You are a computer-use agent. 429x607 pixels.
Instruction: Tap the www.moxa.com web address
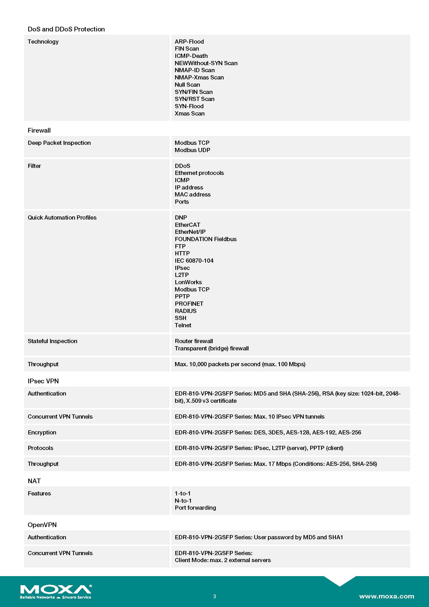(386, 596)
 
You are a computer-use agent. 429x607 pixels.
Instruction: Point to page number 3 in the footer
(214, 596)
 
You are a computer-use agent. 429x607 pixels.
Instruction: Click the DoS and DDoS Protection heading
(66, 29)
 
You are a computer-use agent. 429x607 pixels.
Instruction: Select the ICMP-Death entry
(191, 56)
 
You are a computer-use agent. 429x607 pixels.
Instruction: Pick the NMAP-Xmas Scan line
(199, 77)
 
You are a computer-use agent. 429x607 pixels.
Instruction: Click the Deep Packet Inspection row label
(59, 143)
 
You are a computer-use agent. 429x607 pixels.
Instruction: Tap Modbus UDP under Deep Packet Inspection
(192, 150)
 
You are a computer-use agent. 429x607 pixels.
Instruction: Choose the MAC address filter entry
(192, 195)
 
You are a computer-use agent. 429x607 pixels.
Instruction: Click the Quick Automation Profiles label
(62, 217)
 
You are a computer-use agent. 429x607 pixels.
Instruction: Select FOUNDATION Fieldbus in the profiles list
(205, 239)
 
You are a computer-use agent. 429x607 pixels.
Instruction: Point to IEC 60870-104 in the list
(194, 261)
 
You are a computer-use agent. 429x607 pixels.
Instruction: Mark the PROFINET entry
(189, 304)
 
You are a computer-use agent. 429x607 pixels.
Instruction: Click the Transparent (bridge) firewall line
(212, 349)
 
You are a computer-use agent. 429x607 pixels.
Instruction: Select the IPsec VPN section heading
(43, 381)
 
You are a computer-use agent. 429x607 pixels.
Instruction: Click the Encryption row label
(42, 433)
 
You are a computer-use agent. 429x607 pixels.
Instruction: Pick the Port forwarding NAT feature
(195, 508)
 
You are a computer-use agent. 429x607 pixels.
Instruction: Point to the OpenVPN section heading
(42, 525)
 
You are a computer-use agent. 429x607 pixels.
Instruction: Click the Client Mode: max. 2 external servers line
(223, 560)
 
